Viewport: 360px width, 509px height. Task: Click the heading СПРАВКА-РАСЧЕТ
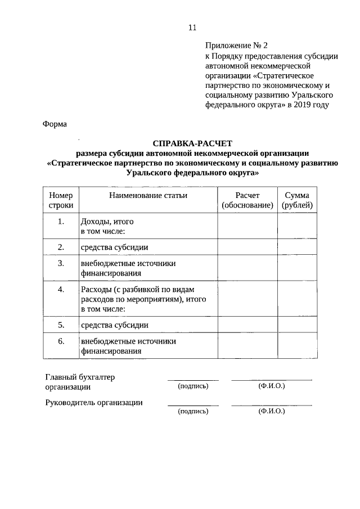[x=192, y=143]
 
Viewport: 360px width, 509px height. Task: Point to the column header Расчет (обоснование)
[x=247, y=200]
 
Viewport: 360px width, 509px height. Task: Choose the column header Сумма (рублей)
[x=297, y=200]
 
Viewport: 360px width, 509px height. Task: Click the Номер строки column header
[x=61, y=200]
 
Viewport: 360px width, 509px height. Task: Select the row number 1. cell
[x=61, y=222]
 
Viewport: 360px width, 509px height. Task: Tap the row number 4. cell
[x=61, y=290]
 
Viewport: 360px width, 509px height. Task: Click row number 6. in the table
[x=61, y=341]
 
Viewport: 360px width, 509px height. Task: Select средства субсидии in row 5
[x=115, y=325]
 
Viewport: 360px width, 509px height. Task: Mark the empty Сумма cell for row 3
[x=297, y=268]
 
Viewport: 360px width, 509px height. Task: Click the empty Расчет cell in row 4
[x=247, y=299]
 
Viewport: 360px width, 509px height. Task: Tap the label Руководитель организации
[x=93, y=402]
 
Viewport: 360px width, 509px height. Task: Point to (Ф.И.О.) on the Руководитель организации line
[x=272, y=411]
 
